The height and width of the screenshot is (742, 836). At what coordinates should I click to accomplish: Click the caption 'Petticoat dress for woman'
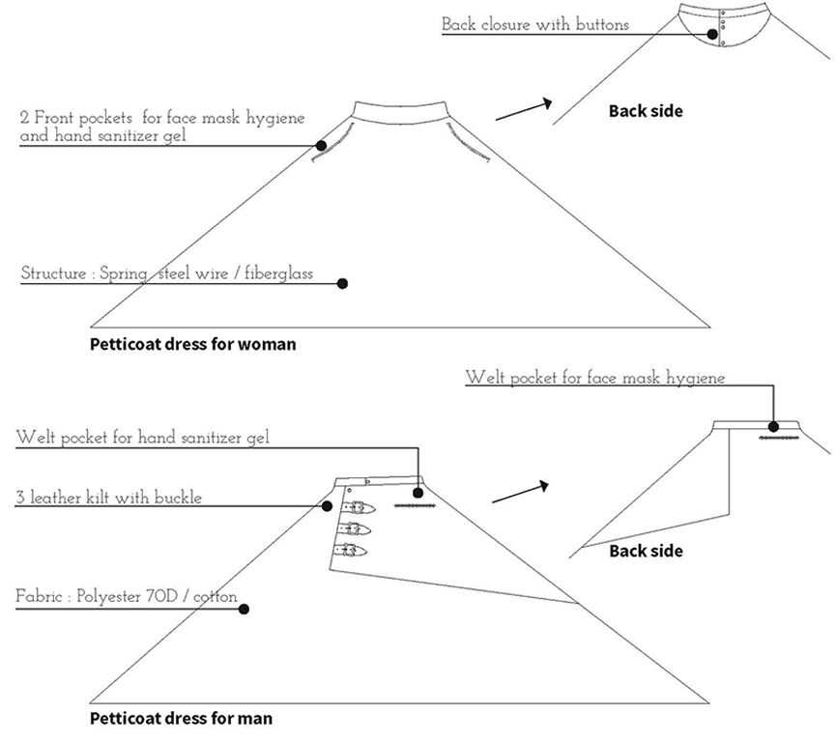(x=192, y=344)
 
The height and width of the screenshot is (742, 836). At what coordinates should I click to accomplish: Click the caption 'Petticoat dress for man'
(x=181, y=719)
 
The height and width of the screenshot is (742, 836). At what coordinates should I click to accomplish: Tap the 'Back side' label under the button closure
(x=646, y=111)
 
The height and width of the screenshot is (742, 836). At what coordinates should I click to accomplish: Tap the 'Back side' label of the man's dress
(x=646, y=551)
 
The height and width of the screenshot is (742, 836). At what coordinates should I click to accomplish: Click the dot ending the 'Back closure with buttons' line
(x=712, y=34)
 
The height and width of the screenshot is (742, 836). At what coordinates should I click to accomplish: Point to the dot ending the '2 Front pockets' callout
(x=321, y=146)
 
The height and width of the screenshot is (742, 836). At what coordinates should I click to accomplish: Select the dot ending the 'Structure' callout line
(x=343, y=284)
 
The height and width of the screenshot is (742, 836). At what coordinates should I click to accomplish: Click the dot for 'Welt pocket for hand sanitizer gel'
(x=418, y=493)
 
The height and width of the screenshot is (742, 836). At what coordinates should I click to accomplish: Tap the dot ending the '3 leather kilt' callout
(x=328, y=506)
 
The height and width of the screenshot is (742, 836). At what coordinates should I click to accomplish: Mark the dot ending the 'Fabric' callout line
(x=244, y=609)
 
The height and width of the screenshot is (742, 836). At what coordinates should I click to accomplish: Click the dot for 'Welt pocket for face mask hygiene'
(x=773, y=426)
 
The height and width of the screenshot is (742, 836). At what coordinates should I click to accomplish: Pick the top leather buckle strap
(x=359, y=507)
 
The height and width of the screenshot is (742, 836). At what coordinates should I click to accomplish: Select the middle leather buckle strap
(x=354, y=528)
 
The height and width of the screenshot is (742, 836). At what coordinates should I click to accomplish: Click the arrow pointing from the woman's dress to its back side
(x=524, y=109)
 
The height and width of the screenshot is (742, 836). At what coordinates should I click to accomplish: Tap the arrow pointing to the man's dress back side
(x=520, y=492)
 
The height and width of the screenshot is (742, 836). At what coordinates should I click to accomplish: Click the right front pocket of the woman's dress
(x=468, y=142)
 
